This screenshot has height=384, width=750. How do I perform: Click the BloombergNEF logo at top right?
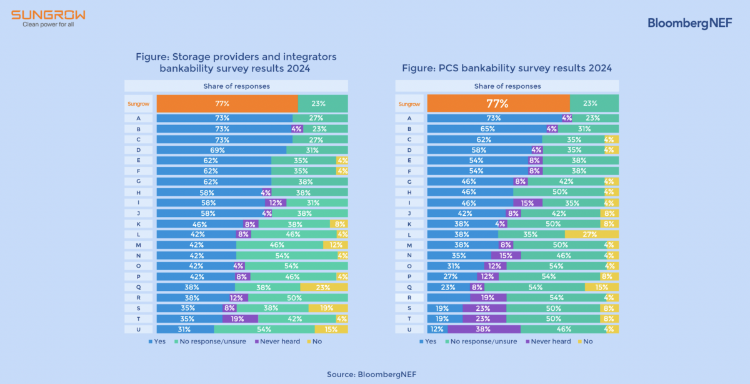(689, 23)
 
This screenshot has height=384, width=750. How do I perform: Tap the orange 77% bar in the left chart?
(227, 103)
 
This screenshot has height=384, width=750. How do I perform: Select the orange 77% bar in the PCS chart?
(498, 103)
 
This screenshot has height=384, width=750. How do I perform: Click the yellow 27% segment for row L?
(592, 234)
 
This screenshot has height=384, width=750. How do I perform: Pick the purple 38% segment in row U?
(483, 329)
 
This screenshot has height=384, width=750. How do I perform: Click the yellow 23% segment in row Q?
(324, 287)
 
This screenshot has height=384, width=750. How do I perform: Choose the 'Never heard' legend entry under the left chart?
(279, 341)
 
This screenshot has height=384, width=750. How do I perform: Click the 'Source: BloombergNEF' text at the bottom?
(371, 374)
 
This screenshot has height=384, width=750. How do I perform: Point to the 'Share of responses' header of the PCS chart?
(507, 86)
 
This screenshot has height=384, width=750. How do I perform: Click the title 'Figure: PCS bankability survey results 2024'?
(507, 68)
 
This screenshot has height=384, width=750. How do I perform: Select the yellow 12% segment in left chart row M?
(336, 245)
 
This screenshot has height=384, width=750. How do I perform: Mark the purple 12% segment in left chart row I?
(276, 203)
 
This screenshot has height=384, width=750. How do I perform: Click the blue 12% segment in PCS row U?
(437, 329)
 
